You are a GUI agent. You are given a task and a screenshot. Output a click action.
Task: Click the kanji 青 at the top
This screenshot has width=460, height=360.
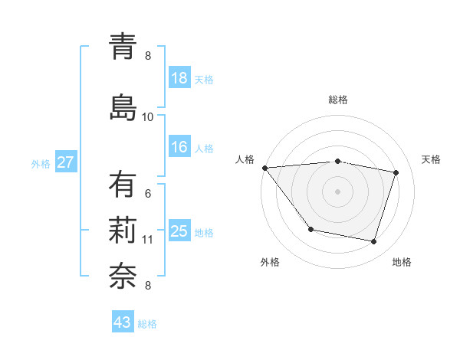click(x=123, y=47)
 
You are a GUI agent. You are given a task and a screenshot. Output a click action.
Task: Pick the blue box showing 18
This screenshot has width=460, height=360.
click(x=179, y=78)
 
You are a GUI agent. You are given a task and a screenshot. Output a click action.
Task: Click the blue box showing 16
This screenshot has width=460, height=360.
click(x=179, y=148)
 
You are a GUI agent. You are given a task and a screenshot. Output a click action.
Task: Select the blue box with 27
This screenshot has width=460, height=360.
click(x=65, y=162)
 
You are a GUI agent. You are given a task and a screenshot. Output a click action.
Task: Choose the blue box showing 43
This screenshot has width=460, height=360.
click(x=123, y=322)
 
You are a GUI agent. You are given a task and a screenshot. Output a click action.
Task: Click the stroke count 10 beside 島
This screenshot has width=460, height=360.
click(x=147, y=116)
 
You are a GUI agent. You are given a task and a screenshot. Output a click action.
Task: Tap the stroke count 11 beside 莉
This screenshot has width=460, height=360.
click(x=147, y=240)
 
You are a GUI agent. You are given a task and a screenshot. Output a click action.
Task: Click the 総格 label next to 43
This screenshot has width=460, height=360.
click(x=147, y=324)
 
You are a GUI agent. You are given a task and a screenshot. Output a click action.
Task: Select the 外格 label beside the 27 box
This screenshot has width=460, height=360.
click(x=41, y=163)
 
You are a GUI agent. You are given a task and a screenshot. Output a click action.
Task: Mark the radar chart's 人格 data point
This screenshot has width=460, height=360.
click(x=264, y=168)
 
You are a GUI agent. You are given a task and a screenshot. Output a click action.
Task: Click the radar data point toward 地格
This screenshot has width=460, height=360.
click(x=373, y=242)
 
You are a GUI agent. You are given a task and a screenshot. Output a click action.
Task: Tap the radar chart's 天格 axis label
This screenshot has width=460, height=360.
click(x=432, y=159)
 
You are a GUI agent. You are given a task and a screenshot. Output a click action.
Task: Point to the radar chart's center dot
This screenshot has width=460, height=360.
click(x=337, y=191)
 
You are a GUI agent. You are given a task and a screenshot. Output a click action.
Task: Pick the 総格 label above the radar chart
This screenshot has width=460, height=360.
click(x=338, y=100)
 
